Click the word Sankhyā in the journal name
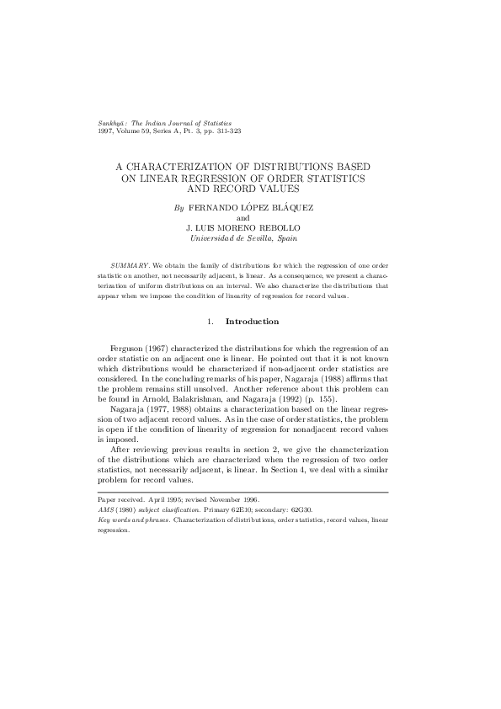coord(113,123)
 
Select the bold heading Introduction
coord(252,322)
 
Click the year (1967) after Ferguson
coord(159,348)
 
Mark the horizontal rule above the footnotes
coord(243,492)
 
